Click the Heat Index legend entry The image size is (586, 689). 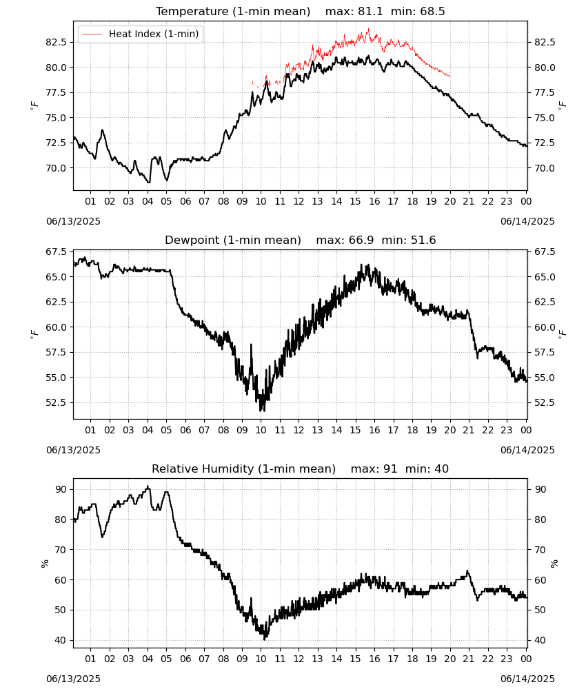(140, 34)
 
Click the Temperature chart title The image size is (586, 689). (301, 11)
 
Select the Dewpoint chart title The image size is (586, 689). (301, 240)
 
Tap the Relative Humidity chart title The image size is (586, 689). (301, 469)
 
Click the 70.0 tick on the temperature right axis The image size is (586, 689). (545, 168)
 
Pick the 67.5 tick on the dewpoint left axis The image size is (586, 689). (56, 251)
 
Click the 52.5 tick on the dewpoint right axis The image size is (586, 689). (545, 402)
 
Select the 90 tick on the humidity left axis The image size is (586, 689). (61, 489)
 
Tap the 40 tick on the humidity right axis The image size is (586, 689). (540, 640)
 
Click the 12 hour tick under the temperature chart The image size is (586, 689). (299, 201)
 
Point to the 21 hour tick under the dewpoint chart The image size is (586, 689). (469, 430)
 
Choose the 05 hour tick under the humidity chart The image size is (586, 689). (166, 659)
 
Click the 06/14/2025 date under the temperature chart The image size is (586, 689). (527, 221)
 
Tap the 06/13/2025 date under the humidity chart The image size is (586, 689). (73, 679)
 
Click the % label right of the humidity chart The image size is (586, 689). (554, 563)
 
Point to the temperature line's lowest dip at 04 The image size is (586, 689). (149, 183)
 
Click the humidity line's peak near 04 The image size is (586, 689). (148, 486)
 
